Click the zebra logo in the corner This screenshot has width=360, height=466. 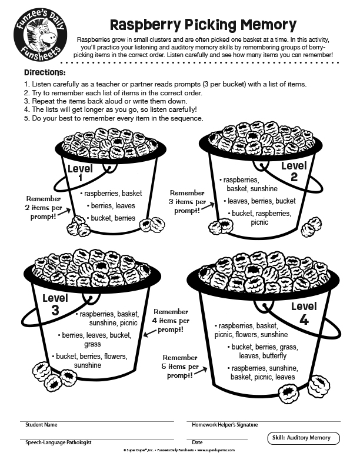click(x=41, y=35)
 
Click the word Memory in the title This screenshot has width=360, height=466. click(x=268, y=25)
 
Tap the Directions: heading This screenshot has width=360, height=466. click(x=45, y=72)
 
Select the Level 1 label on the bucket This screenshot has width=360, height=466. click(x=80, y=172)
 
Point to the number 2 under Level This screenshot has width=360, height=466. click(x=294, y=177)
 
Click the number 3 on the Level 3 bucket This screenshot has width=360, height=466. click(x=55, y=310)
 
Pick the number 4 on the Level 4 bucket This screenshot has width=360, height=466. click(x=304, y=319)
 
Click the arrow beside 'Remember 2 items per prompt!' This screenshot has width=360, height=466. click(x=64, y=212)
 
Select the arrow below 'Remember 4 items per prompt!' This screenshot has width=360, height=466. click(x=150, y=333)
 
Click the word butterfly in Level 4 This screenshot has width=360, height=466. click(x=274, y=356)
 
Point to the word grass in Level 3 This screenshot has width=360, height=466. click(x=92, y=344)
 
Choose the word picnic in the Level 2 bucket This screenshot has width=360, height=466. click(x=259, y=222)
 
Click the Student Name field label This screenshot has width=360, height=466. click(x=41, y=425)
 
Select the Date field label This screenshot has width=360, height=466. click(x=197, y=442)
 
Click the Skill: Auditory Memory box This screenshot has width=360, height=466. click(x=304, y=438)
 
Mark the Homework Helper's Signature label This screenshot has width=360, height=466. click(x=225, y=425)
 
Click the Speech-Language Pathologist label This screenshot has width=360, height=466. click(x=58, y=442)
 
